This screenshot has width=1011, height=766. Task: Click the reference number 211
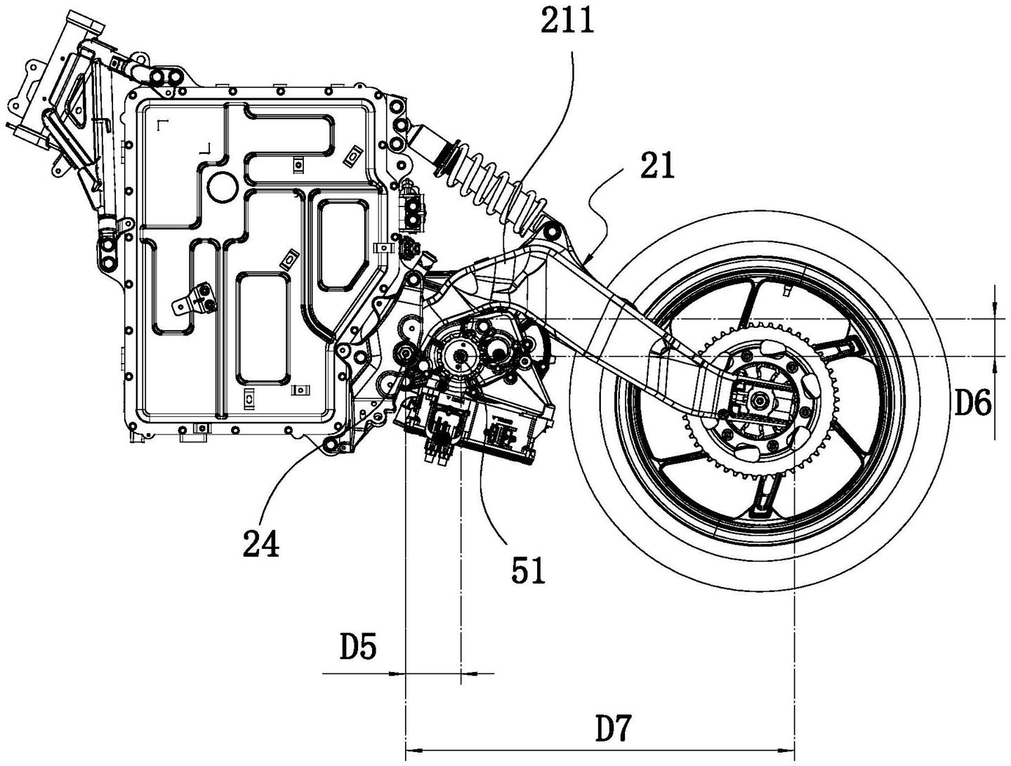click(x=567, y=21)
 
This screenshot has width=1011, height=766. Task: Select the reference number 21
click(x=656, y=166)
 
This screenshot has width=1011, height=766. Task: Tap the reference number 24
click(x=261, y=543)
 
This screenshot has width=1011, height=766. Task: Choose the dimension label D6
click(x=972, y=404)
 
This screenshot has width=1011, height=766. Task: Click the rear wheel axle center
click(x=760, y=400)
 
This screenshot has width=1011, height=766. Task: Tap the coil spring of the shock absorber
click(x=491, y=183)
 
